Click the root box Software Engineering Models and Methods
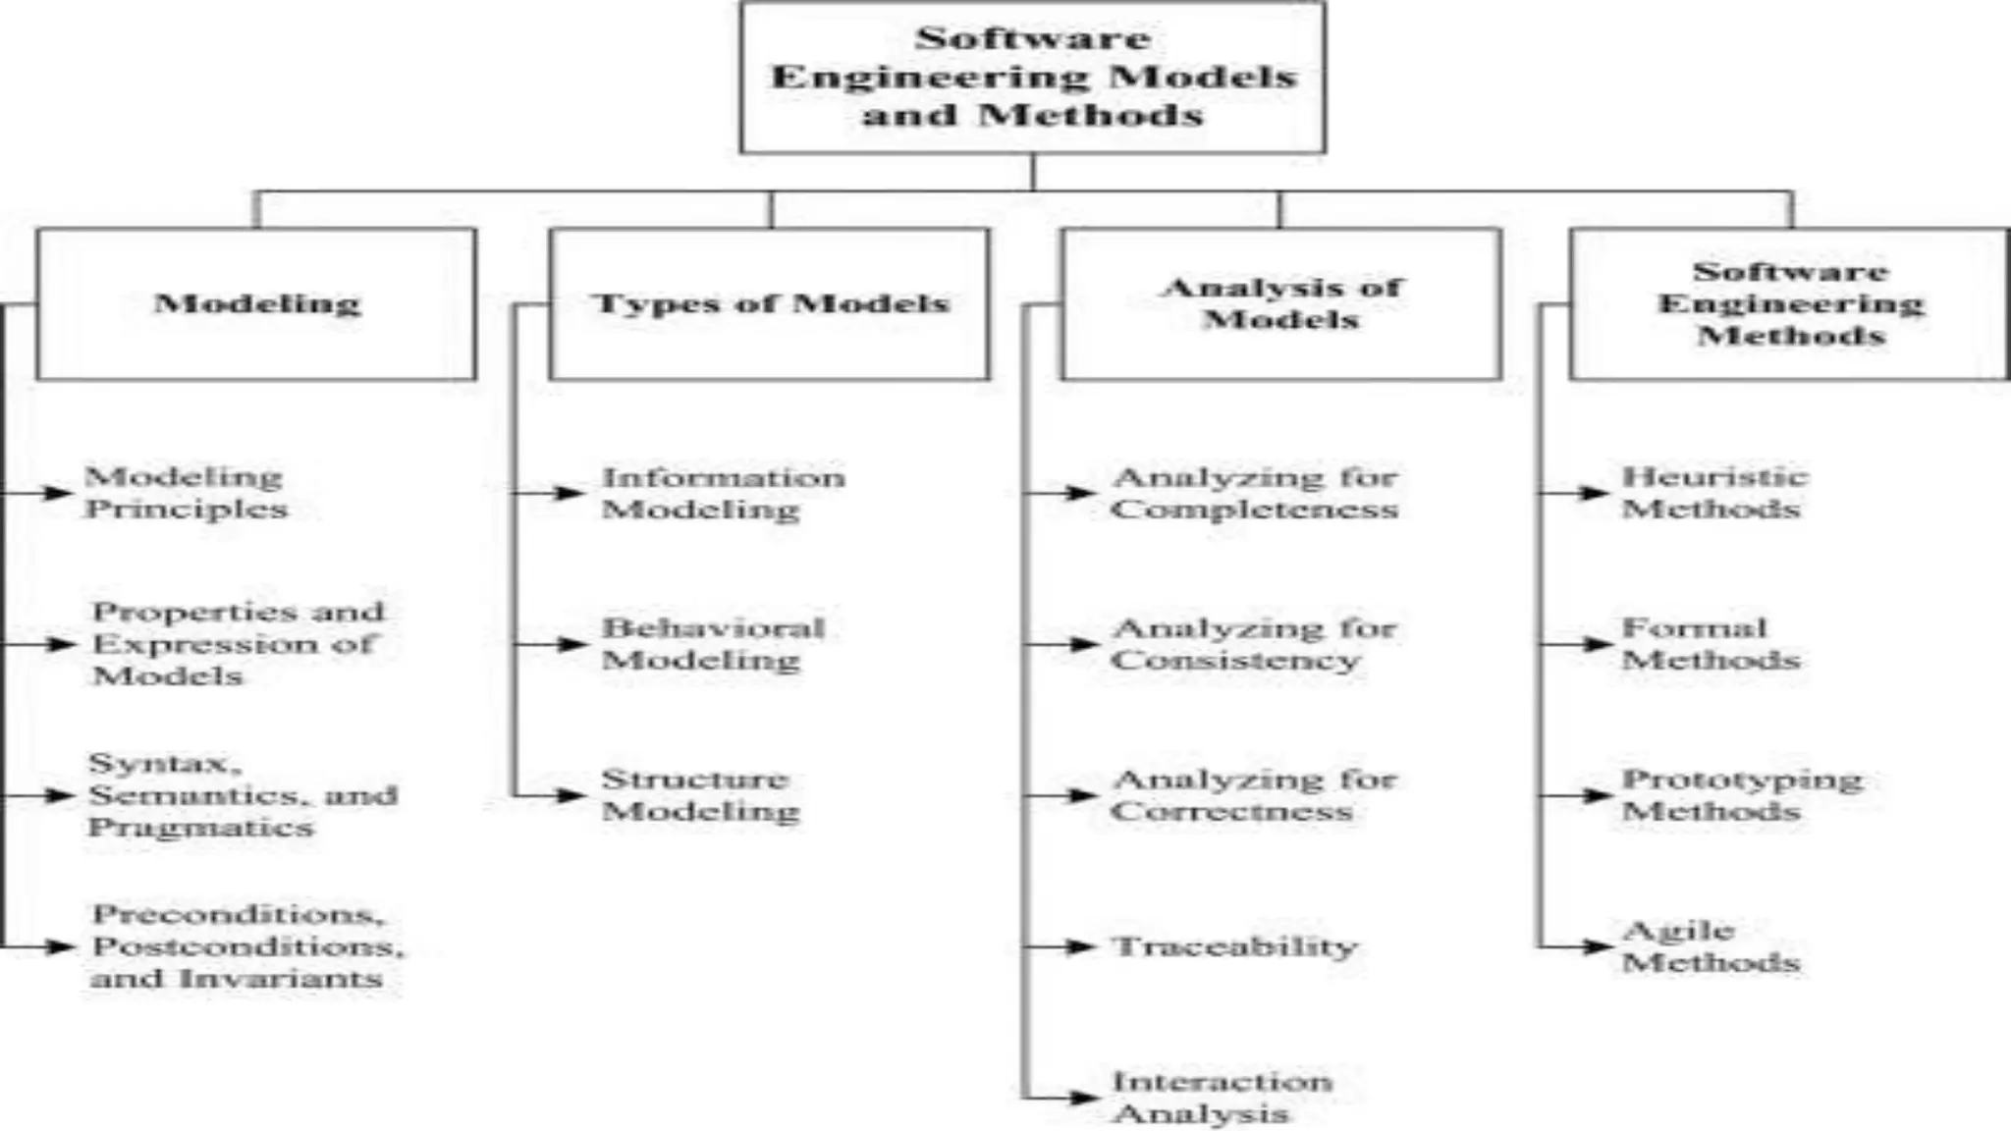(x=1033, y=77)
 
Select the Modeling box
(x=256, y=303)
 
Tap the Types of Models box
(x=770, y=303)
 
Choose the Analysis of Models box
(x=1281, y=303)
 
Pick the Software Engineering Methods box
(x=1790, y=303)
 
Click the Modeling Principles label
(x=186, y=493)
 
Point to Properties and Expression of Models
(x=237, y=644)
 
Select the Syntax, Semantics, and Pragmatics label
(x=243, y=795)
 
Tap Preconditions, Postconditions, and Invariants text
(x=246, y=946)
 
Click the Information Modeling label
(x=723, y=493)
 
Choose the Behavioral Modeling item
(x=713, y=644)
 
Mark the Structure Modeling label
(x=699, y=795)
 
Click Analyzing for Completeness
(x=1255, y=493)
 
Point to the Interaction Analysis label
(x=1222, y=1098)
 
